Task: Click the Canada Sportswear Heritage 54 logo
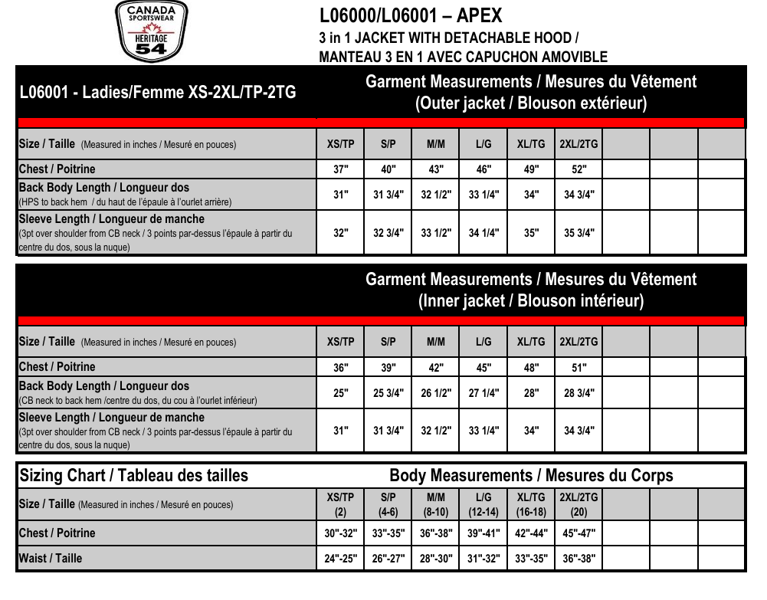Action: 150,31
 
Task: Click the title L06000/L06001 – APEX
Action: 410,16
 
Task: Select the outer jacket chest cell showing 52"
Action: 579,169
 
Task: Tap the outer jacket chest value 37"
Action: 341,169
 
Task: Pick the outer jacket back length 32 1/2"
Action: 436,195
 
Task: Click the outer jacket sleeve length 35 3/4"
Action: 579,233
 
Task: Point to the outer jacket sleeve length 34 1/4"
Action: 483,233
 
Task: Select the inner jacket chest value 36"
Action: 341,368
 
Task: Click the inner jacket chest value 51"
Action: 579,368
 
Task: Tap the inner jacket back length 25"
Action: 341,393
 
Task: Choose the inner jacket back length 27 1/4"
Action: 483,393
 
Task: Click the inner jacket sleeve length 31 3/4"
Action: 388,431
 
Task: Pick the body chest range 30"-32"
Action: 341,533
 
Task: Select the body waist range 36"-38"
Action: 579,559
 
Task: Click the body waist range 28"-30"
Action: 436,559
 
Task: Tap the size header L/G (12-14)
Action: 483,504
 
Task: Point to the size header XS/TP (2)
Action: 341,504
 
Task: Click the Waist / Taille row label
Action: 50,559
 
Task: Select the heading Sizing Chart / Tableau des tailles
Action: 134,476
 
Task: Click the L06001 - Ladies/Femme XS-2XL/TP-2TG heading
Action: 157,93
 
